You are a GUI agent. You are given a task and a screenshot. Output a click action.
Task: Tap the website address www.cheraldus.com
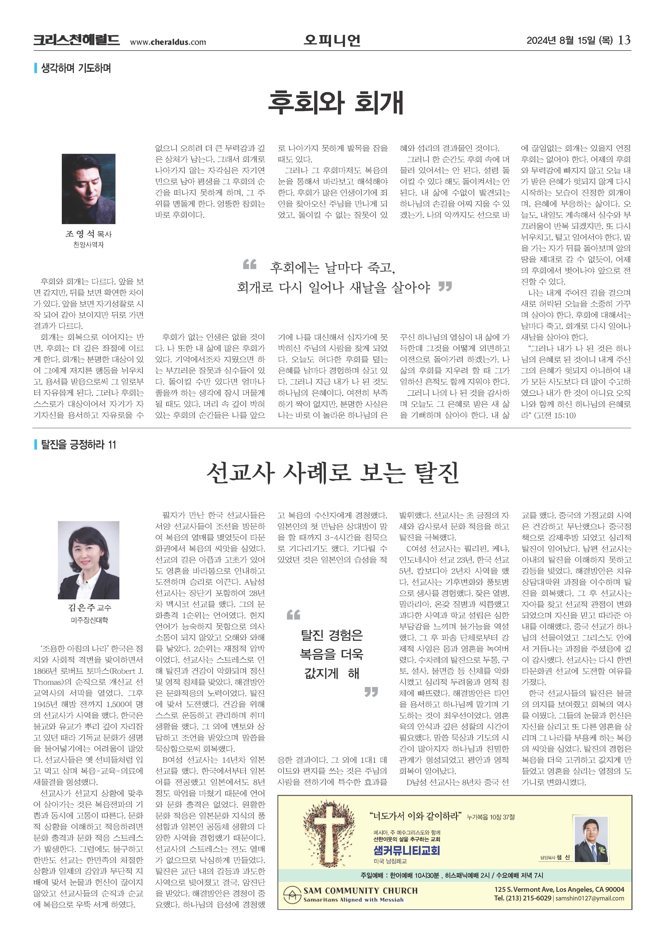tap(168, 42)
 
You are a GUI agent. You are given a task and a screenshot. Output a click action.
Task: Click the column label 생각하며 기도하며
tap(76, 68)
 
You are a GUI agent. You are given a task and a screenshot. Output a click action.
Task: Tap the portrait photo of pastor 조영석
tap(89, 189)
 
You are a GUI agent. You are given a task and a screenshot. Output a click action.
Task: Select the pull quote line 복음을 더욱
tap(331, 654)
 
